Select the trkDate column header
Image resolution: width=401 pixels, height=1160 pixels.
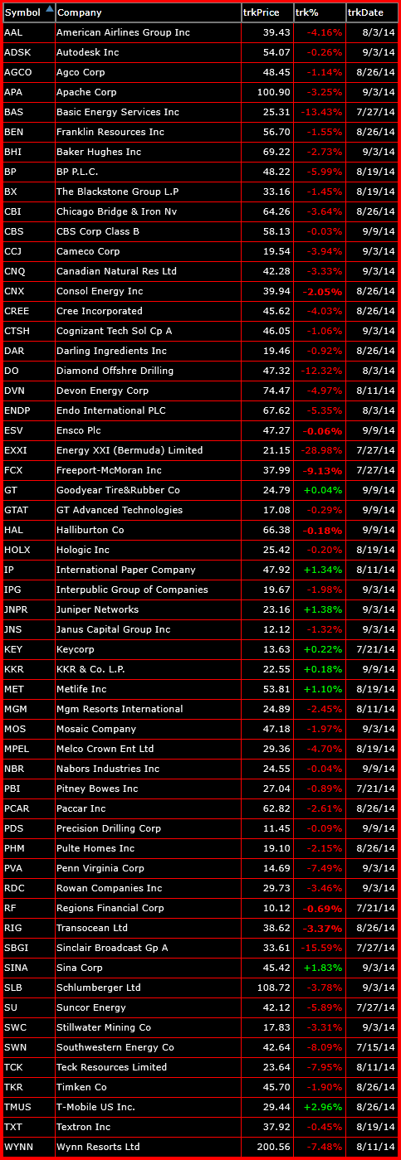[x=366, y=12]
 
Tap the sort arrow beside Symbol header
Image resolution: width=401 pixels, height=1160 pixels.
[x=49, y=10]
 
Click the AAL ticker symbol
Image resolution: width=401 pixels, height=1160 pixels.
[x=14, y=32]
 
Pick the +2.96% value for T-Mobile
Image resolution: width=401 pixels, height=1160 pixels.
[x=323, y=1107]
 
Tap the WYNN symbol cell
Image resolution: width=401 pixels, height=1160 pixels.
[x=18, y=1147]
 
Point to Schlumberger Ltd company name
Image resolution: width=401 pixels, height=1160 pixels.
[x=99, y=988]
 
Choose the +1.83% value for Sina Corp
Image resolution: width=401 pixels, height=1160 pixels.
[x=323, y=968]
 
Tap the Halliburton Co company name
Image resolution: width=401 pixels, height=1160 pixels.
[x=90, y=530]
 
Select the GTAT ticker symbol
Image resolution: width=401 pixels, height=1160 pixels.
[x=17, y=510]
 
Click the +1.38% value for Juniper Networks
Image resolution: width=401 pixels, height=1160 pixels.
[x=323, y=609]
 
